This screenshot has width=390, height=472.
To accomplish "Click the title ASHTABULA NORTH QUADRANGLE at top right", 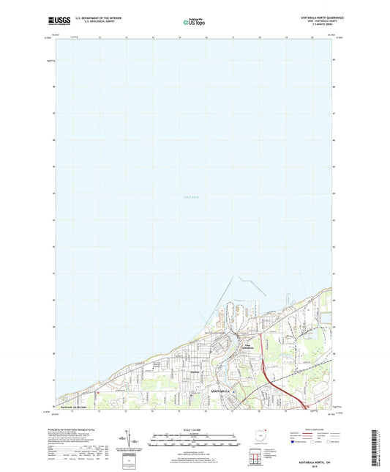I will [315, 16].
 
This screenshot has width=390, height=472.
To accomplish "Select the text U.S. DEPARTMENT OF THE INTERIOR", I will [101, 16].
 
